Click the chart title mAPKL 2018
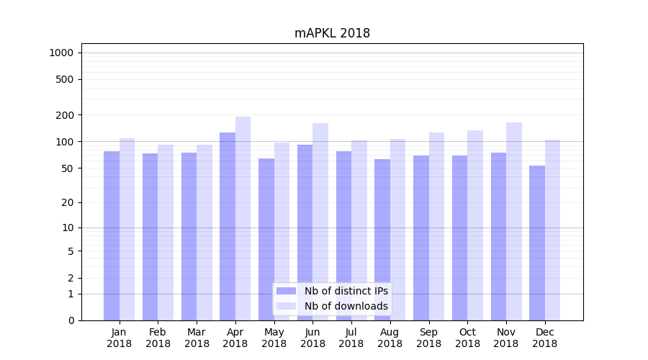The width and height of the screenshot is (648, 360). coord(332,34)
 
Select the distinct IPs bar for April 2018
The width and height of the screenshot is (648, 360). coord(228,226)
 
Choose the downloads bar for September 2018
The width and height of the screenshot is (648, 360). coord(436,226)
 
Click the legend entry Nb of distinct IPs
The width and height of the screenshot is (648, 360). coord(346,291)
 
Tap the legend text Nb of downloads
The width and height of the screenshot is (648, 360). coord(346,306)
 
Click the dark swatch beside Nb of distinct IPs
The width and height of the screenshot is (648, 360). coord(286,291)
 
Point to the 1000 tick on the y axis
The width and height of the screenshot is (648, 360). coord(61,53)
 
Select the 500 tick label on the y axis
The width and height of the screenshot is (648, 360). coord(65,79)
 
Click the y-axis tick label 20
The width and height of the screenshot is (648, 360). coord(68,202)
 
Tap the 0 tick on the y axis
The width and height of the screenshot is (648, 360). coord(71,320)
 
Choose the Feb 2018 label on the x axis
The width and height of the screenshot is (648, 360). coord(158,338)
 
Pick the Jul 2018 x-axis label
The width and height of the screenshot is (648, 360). coord(351,338)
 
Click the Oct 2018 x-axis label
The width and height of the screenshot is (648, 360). coord(467,338)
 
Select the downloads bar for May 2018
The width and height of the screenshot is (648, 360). coord(282,231)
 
